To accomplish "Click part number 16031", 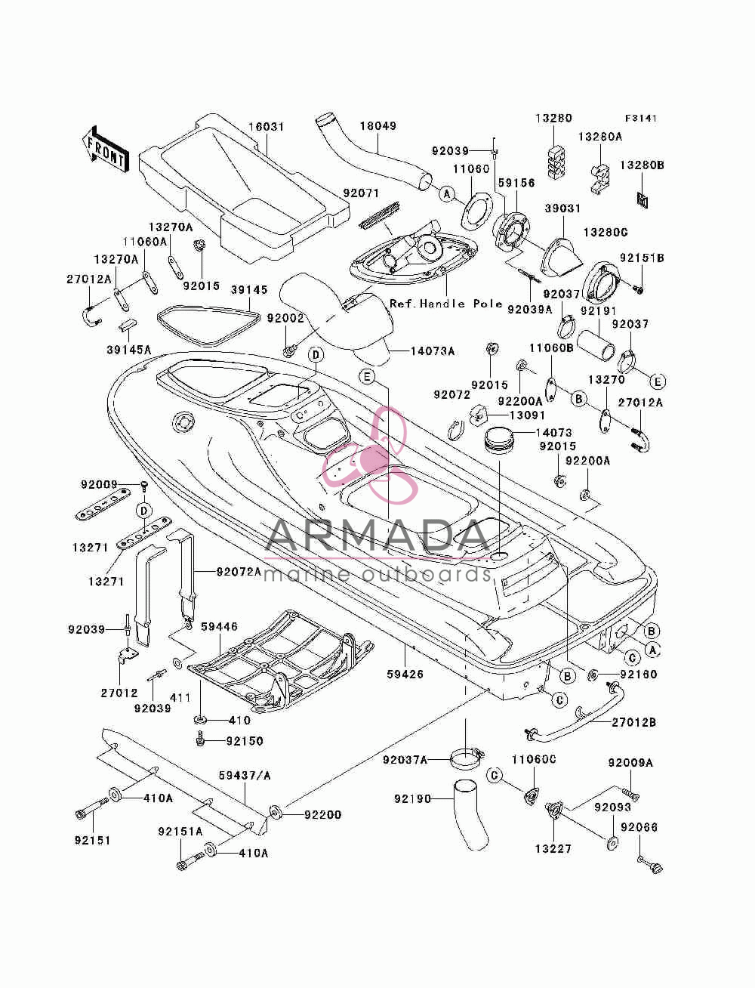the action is [267, 127].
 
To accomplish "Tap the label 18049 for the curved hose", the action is [378, 126].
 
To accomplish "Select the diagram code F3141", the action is [641, 119].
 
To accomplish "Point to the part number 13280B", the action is [642, 165].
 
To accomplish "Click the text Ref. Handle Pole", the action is [446, 304].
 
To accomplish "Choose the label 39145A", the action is [128, 349].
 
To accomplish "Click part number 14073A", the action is [433, 350].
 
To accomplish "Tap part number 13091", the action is [527, 415].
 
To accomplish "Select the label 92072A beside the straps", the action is [239, 572].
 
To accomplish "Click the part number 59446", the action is [220, 626].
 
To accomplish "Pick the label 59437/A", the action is [245, 776].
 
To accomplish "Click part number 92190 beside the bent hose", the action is [412, 799].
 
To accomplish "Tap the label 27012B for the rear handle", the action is [634, 722].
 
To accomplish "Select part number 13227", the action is [553, 849].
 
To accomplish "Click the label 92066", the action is [639, 827].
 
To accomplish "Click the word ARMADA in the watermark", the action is [377, 536].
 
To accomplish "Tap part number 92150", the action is [245, 741].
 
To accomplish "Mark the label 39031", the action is [563, 208].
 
